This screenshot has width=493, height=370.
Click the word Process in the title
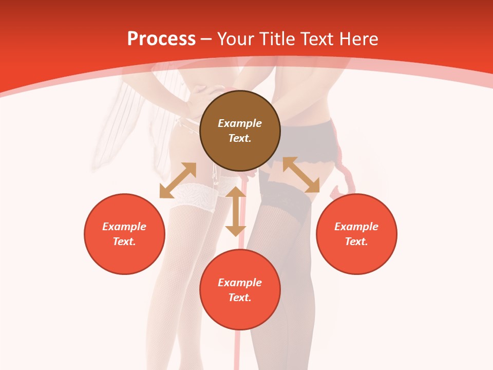click(161, 39)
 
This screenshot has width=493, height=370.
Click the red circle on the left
click(124, 234)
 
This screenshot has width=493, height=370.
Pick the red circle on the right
click(356, 234)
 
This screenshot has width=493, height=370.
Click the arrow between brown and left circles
click(178, 180)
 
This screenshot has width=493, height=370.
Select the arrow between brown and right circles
click(301, 175)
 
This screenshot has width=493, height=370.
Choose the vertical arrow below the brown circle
click(236, 211)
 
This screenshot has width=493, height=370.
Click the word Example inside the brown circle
click(240, 123)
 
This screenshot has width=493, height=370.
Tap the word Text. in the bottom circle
click(240, 298)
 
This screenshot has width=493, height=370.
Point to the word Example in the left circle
click(124, 227)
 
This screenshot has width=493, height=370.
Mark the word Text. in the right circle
click(356, 242)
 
